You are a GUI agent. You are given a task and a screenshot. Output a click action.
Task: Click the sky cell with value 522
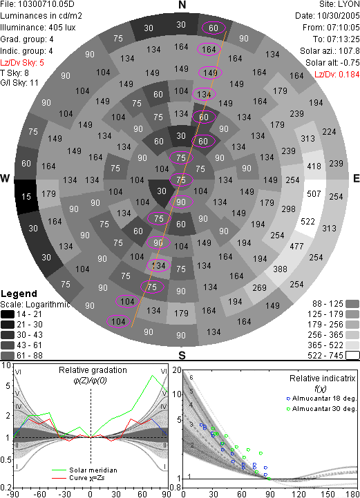point(307,221)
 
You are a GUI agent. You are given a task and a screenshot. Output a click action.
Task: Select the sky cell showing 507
point(314,193)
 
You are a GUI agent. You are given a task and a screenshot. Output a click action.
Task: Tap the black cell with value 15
point(26,197)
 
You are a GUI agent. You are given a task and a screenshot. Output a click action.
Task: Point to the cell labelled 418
point(314,166)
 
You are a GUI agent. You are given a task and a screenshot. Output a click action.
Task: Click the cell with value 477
point(296,246)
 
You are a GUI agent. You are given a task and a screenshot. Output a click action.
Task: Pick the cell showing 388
point(280,269)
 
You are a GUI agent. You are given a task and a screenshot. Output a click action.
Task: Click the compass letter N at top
point(182,5)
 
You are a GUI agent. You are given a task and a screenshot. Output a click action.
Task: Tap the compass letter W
point(5,178)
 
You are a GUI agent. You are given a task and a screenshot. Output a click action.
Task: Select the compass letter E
point(356,178)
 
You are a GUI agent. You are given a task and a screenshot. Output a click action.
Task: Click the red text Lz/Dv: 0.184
point(337,75)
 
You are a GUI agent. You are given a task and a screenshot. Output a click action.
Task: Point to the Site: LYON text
point(339,4)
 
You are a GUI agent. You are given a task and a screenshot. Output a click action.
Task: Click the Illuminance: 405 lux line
point(38,28)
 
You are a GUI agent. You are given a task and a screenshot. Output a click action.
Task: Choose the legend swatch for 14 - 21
point(8,314)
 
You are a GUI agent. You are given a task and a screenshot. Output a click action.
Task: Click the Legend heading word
point(19,294)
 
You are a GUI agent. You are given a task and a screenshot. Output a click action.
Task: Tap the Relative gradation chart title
point(93,370)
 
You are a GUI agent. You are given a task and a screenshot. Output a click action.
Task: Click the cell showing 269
point(259,288)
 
